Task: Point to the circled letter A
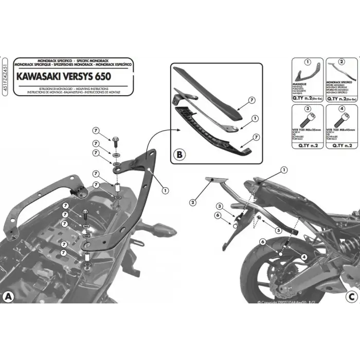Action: point(8,297)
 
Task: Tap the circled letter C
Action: point(351,297)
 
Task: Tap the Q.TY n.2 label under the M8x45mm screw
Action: point(339,146)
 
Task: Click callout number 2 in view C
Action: point(192,202)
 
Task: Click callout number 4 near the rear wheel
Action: point(304,256)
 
